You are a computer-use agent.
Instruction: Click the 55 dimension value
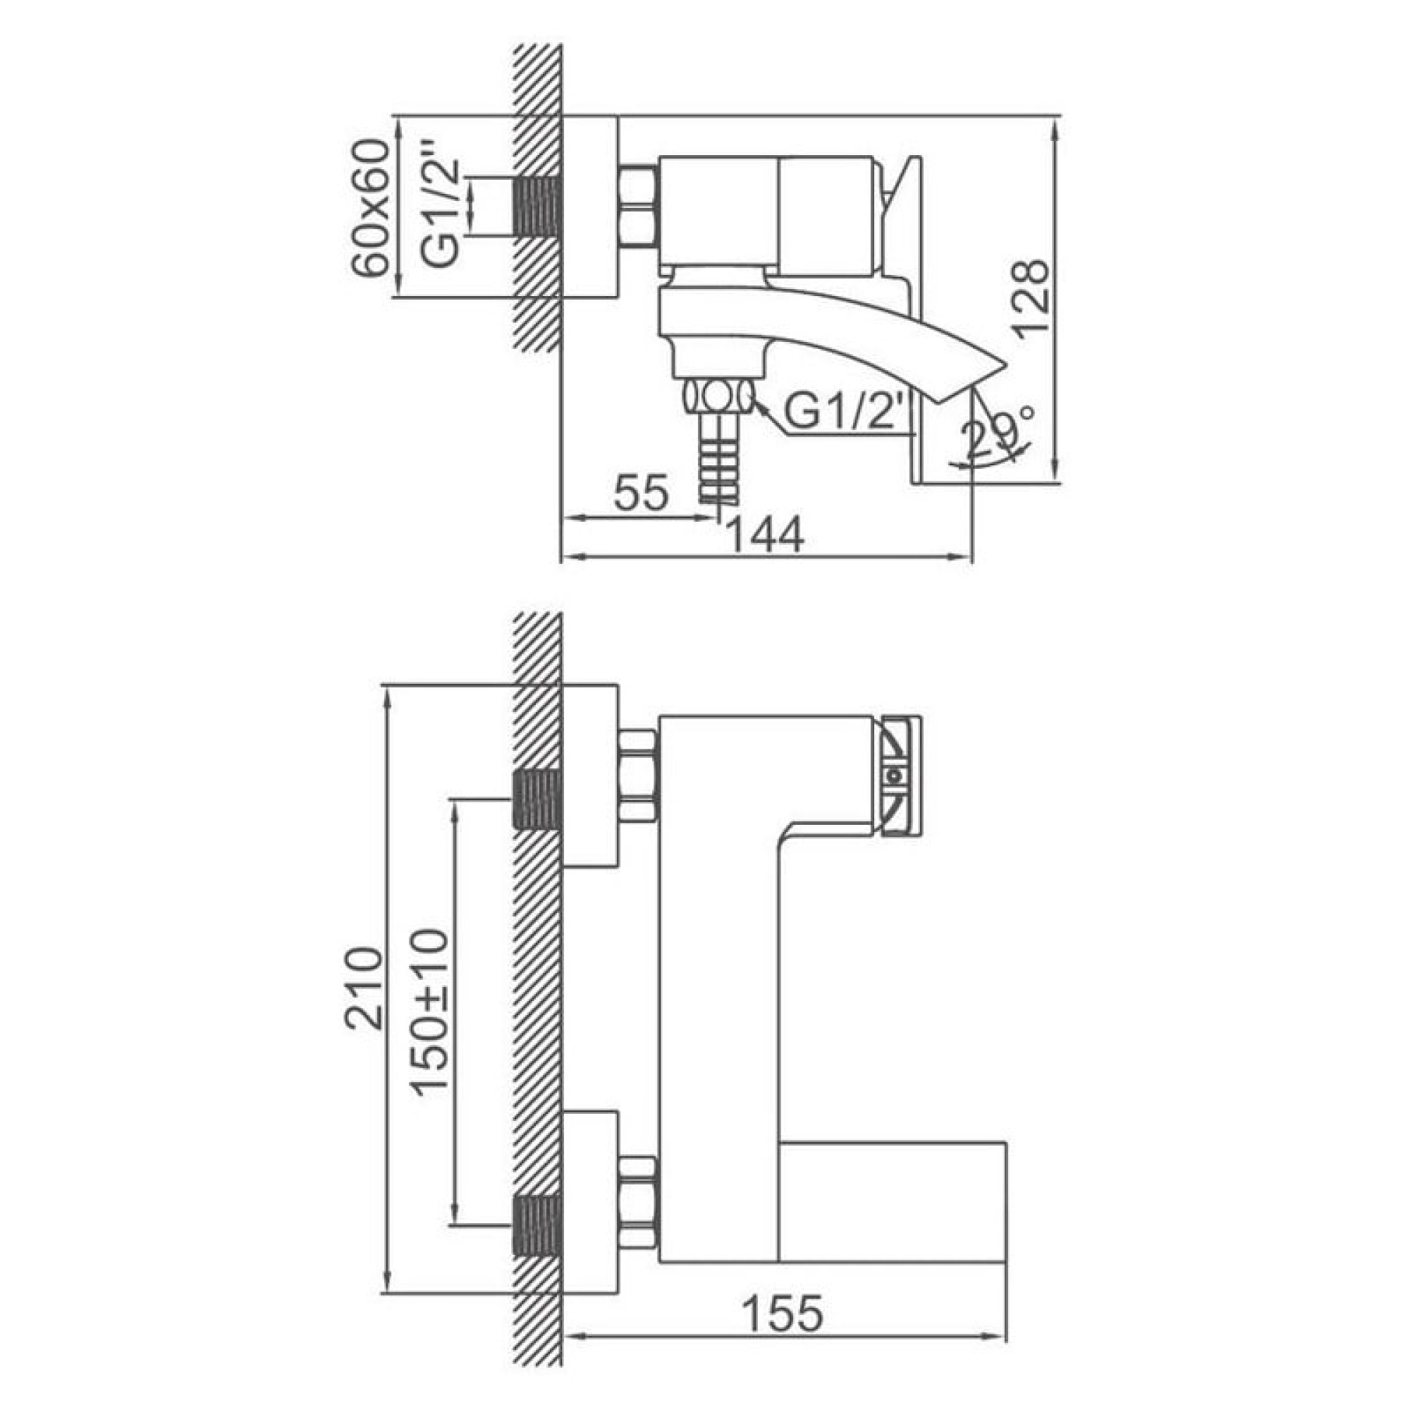tap(641, 493)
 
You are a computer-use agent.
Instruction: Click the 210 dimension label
tap(364, 989)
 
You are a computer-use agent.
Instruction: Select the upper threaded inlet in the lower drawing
tap(538, 801)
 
